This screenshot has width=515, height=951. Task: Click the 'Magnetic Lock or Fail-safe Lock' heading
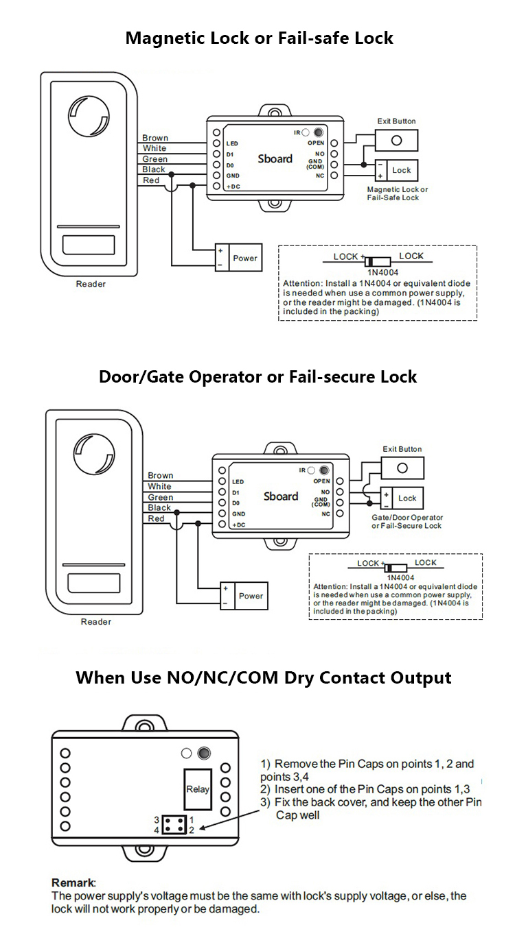point(259,38)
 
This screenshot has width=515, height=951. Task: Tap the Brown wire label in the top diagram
point(155,138)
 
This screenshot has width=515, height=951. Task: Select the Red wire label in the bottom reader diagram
point(157,519)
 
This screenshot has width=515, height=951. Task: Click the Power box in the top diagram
point(245,258)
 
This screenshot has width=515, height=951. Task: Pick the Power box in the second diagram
point(251,596)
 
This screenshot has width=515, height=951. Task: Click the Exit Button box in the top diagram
point(396,140)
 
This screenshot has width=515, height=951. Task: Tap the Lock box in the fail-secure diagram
point(407,498)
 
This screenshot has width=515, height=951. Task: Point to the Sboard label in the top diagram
point(275,158)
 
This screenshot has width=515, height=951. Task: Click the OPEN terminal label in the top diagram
point(315,143)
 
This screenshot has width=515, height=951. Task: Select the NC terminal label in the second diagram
point(325,514)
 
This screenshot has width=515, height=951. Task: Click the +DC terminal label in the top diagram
point(233,186)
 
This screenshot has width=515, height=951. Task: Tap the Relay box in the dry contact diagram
point(198,789)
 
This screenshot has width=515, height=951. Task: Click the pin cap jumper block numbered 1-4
point(174,825)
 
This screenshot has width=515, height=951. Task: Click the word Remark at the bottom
point(73,882)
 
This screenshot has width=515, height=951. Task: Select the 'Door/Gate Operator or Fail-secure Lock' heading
point(257,376)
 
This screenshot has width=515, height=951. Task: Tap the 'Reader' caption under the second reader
point(95,622)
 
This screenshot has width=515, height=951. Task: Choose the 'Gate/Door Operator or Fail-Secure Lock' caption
point(407,522)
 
